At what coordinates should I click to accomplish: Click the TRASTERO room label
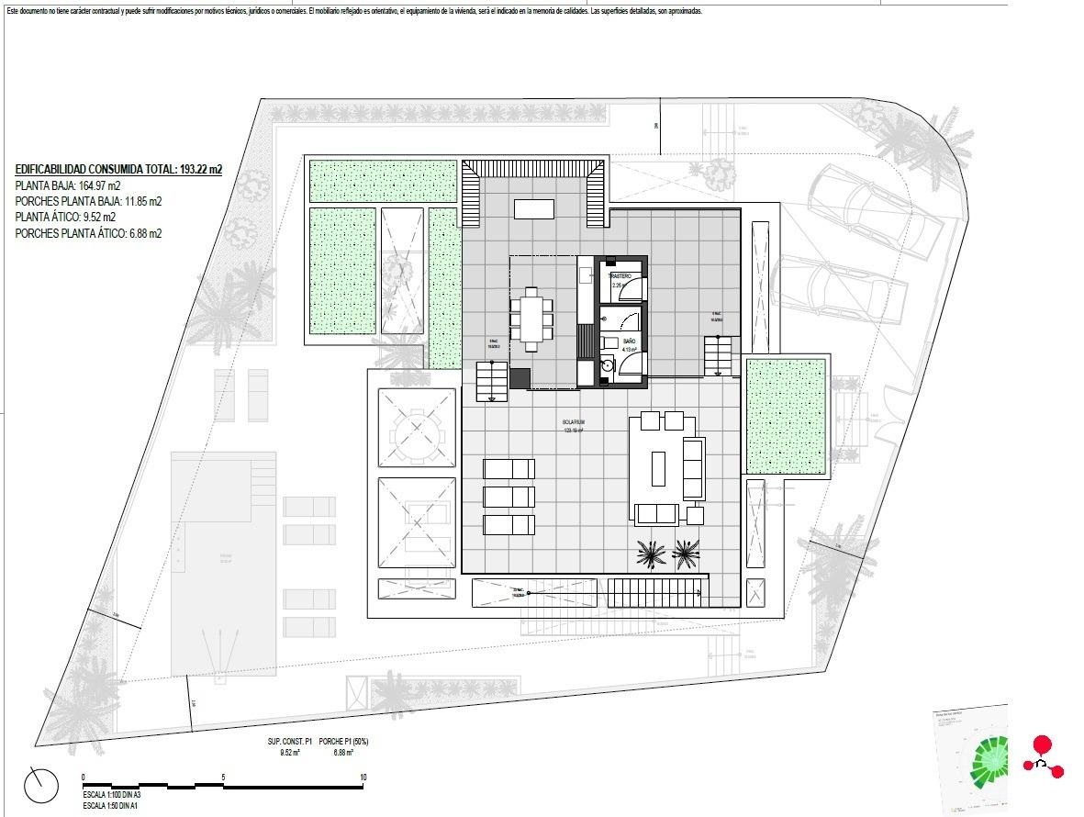click(x=620, y=276)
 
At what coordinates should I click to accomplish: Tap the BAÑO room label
click(x=629, y=341)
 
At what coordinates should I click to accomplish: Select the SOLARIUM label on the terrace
click(x=574, y=422)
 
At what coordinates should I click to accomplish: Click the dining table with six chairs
click(x=531, y=319)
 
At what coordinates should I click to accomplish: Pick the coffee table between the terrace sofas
click(x=658, y=468)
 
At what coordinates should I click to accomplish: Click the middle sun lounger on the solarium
click(x=508, y=497)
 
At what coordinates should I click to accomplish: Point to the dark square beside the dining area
click(x=520, y=378)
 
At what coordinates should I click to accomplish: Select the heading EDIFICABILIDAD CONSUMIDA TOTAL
click(x=118, y=169)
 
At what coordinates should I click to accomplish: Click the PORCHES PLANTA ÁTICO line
click(x=88, y=234)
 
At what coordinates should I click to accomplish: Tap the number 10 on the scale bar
click(x=363, y=778)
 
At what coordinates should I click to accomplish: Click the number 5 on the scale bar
click(x=223, y=778)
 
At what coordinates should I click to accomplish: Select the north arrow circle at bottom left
click(x=41, y=786)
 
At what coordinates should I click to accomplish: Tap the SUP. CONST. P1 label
click(x=289, y=742)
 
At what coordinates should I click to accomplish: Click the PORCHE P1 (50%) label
click(x=343, y=742)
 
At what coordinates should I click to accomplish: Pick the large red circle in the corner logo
click(x=1042, y=744)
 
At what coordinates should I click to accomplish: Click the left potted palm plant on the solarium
click(x=653, y=554)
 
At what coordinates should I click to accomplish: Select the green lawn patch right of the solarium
click(x=786, y=415)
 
